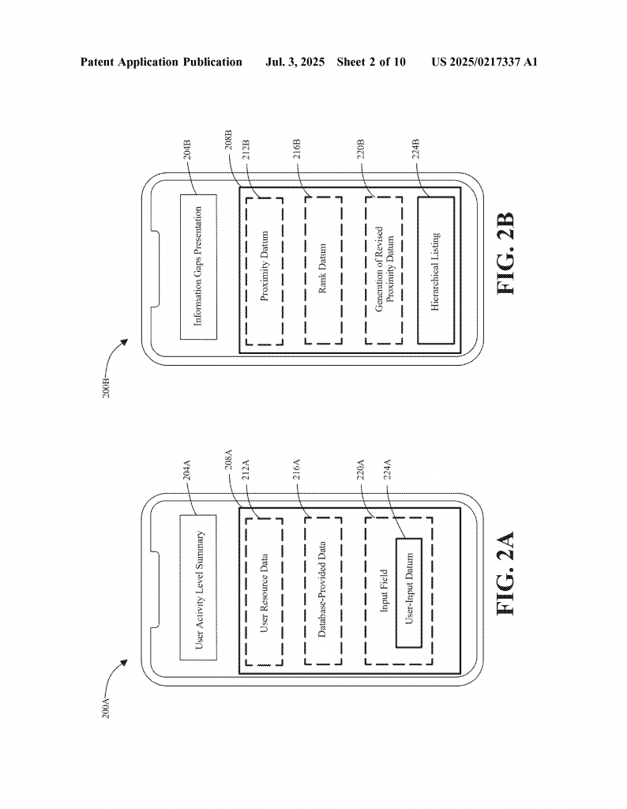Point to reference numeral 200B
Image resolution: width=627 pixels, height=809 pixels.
(x=107, y=388)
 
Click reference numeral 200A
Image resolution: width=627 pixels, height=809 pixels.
(x=107, y=708)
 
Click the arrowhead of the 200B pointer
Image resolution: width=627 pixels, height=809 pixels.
(x=125, y=341)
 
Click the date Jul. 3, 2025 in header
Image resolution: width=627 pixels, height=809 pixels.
(x=295, y=62)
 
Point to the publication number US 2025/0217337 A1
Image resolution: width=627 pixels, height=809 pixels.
(x=485, y=62)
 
